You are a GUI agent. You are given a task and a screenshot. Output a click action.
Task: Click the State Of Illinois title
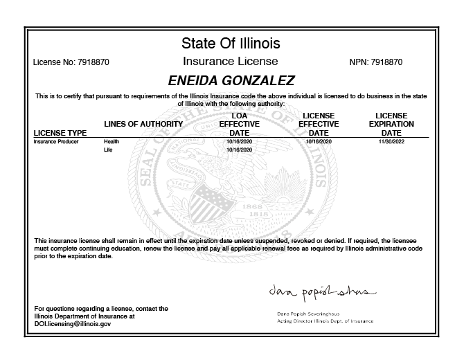pyautogui.click(x=231, y=44)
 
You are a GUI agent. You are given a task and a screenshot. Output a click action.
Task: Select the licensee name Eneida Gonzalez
pyautogui.click(x=231, y=80)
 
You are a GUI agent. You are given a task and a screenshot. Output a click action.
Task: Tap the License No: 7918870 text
pyautogui.click(x=71, y=62)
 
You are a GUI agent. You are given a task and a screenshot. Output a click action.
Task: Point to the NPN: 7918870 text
pyautogui.click(x=377, y=62)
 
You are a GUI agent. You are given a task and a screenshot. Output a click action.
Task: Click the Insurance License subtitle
pyautogui.click(x=231, y=61)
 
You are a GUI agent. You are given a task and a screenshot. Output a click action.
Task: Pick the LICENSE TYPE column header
pyautogui.click(x=60, y=132)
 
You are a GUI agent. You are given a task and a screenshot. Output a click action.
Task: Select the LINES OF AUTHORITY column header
pyautogui.click(x=143, y=124)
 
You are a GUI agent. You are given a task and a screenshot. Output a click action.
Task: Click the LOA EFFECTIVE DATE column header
pyautogui.click(x=239, y=124)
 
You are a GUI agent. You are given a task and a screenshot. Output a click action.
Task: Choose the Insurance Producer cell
pyautogui.click(x=56, y=141)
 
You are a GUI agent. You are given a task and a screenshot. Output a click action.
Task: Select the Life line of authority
pyautogui.click(x=107, y=150)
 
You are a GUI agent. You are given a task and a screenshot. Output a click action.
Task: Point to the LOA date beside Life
pyautogui.click(x=239, y=150)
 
